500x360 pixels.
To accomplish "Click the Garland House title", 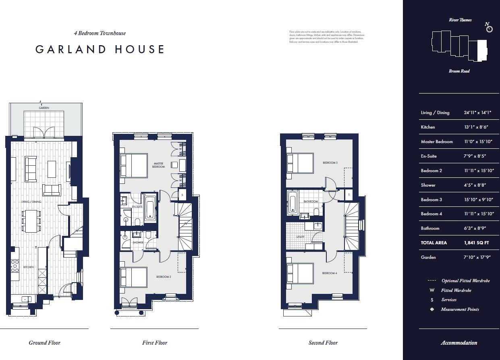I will click(100, 50).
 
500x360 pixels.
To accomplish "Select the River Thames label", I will click(460, 20).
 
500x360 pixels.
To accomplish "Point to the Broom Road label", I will click(459, 71).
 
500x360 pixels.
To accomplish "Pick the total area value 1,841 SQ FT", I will click(477, 243).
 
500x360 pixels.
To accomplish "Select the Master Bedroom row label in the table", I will click(437, 142).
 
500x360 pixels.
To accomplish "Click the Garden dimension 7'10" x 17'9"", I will click(477, 257).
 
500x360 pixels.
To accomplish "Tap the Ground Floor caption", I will click(44, 343).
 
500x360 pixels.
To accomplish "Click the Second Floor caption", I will click(323, 343).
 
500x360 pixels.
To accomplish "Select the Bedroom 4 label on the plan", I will click(329, 273).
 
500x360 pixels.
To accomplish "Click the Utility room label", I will click(301, 237).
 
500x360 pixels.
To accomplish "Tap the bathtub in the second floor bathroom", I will click(293, 203).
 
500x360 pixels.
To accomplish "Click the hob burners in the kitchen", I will click(15, 265).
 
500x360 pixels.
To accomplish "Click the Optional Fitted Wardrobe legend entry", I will click(465, 281).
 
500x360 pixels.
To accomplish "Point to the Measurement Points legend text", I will click(460, 309).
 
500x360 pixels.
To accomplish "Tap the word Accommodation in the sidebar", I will click(459, 343).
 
